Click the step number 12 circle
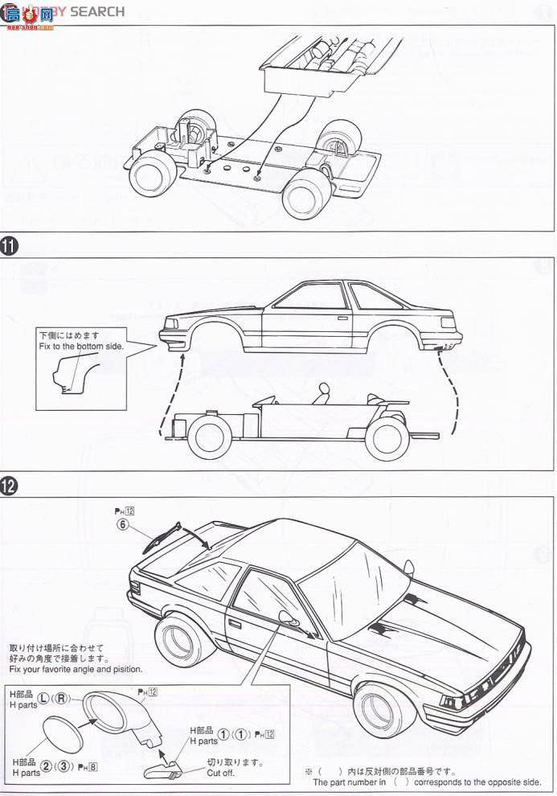point(10,485)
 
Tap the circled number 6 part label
point(123,523)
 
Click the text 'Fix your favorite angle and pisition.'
point(76,669)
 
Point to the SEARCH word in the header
point(97,11)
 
